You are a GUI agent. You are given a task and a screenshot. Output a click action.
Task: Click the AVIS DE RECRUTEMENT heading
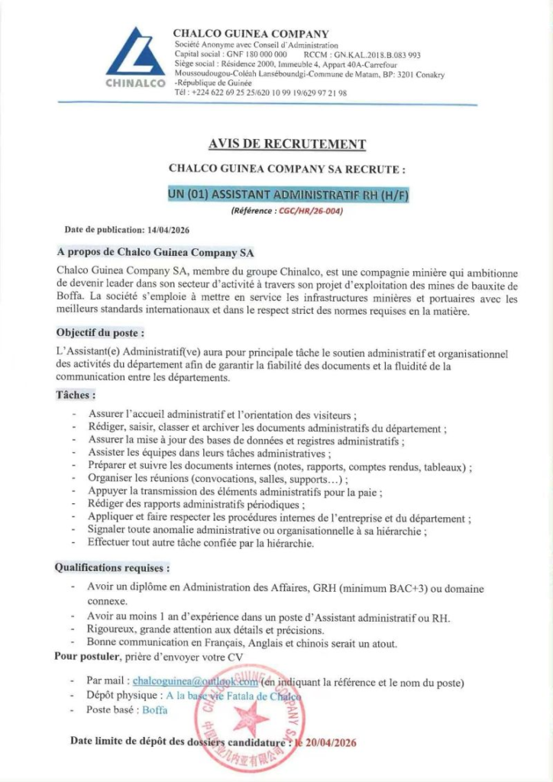[x=286, y=144]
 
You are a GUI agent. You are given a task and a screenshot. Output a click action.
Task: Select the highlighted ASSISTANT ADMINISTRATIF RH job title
[x=289, y=195]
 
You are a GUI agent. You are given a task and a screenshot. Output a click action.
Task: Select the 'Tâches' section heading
[x=76, y=395]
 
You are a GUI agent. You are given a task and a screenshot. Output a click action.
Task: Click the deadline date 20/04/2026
[x=331, y=742]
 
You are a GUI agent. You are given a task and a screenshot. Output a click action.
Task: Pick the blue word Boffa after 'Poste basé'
[x=155, y=709]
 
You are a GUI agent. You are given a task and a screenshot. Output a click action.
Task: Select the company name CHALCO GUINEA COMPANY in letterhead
[x=251, y=34]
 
